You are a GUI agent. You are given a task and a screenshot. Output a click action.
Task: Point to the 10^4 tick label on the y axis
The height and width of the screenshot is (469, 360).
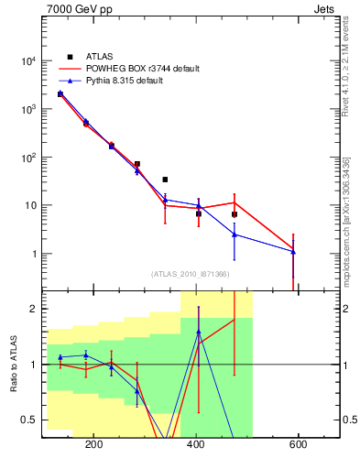[x=28, y=61]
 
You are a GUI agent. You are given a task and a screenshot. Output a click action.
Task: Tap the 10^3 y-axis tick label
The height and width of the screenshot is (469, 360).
[x=28, y=109]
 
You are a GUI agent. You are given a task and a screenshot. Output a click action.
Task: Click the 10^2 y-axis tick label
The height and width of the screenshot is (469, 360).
[x=28, y=158]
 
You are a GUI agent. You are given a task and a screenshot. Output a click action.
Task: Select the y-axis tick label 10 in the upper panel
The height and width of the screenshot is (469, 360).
[x=30, y=205]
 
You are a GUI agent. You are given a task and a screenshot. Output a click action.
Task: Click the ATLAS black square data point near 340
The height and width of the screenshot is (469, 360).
[x=165, y=180]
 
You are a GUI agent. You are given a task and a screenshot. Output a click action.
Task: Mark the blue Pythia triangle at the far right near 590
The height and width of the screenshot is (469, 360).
[x=293, y=251]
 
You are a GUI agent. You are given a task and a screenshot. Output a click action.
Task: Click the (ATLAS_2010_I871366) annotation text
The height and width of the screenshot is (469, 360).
[x=191, y=274]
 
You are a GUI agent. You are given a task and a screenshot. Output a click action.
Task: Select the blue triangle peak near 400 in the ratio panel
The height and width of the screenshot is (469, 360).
[x=199, y=332]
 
